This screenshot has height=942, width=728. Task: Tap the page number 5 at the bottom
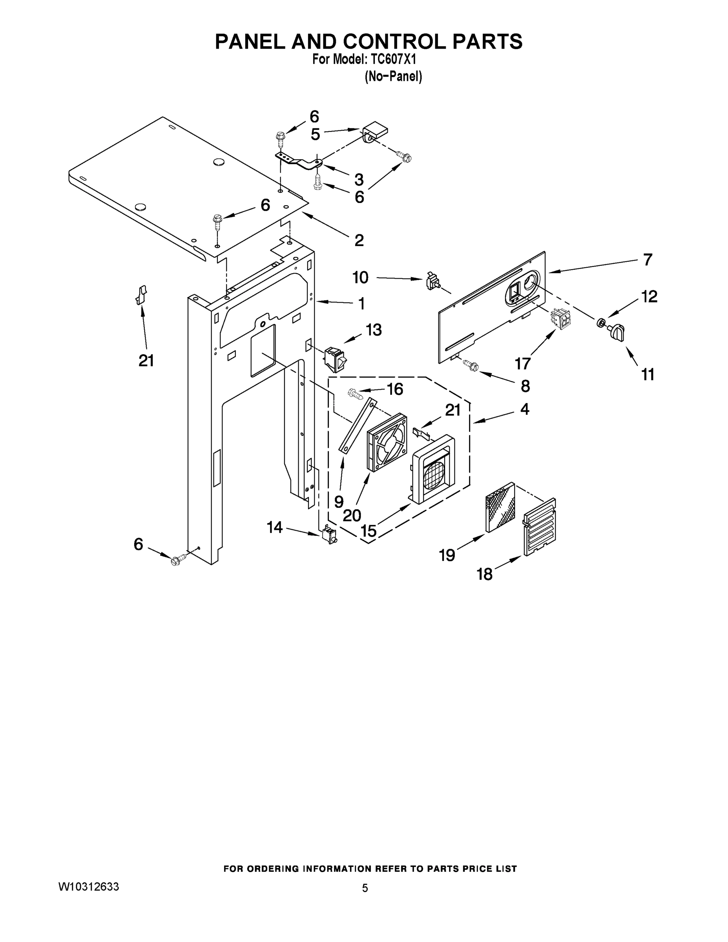365,888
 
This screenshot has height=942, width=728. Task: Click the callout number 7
647,260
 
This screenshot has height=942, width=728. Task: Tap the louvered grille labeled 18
540,527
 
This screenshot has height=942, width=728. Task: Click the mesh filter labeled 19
500,507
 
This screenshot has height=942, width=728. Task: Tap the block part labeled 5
374,131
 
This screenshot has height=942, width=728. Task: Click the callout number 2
359,240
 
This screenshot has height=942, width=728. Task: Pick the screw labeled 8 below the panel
471,366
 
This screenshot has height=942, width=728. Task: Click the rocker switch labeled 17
559,318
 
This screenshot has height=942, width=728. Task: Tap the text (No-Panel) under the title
393,77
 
